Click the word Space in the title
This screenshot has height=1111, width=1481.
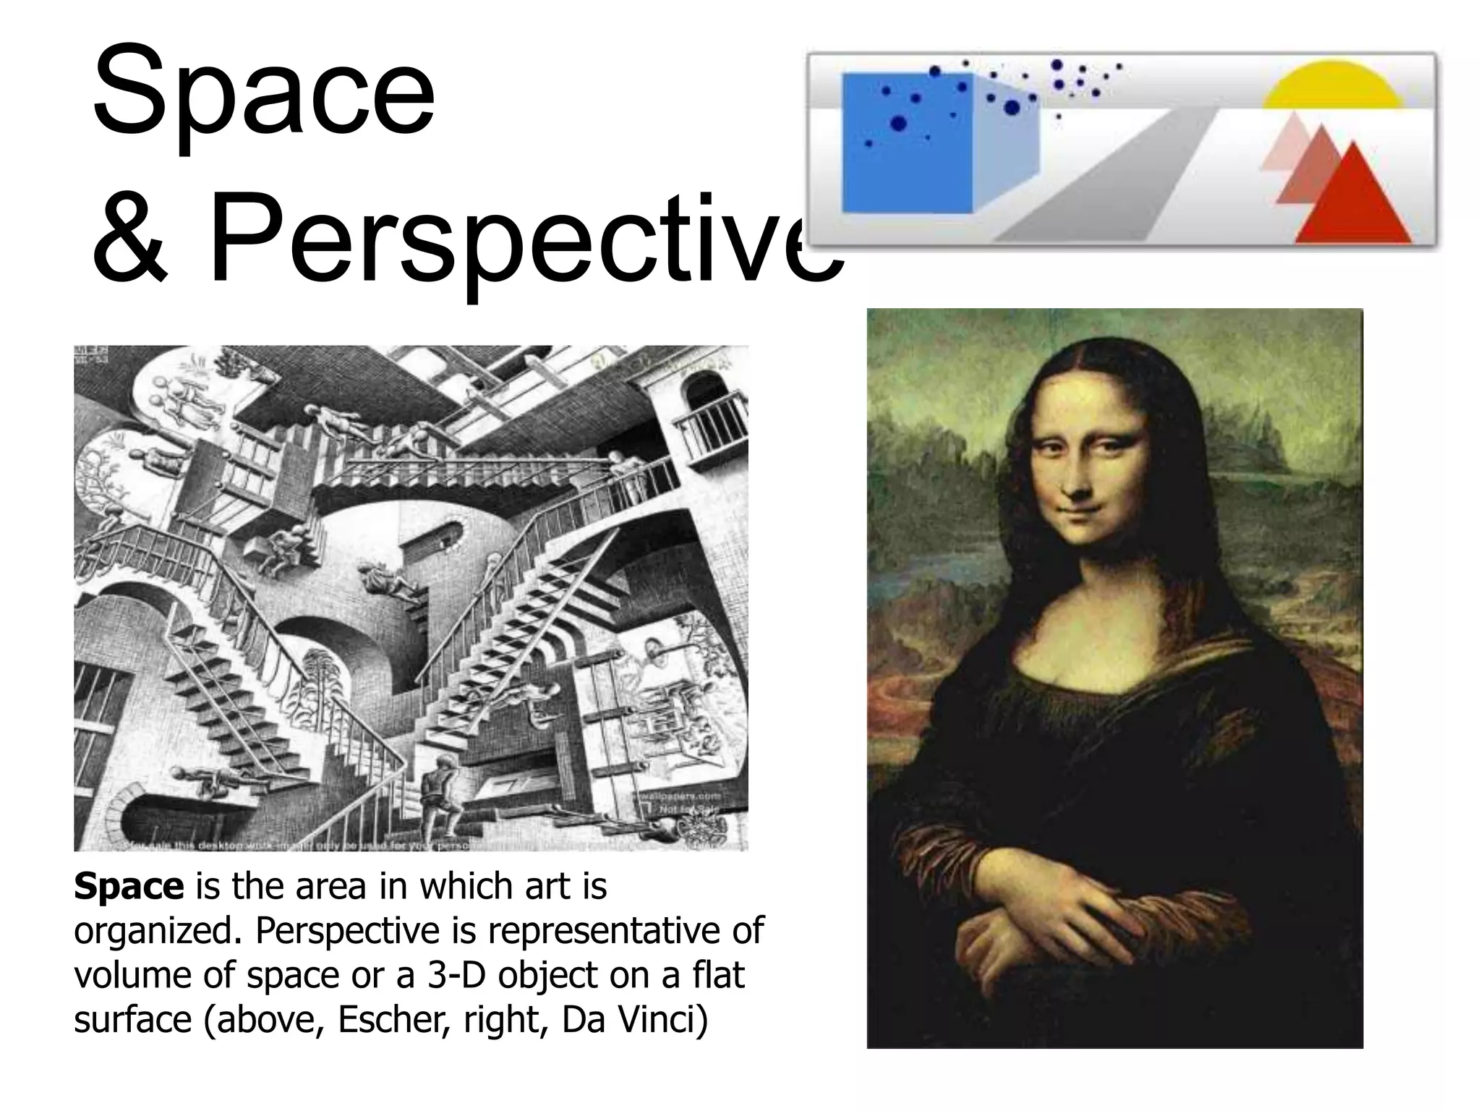coord(264,94)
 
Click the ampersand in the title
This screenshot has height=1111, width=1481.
coord(131,239)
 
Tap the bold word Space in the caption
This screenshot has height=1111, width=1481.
coord(129,887)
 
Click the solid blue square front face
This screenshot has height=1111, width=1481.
coord(908,143)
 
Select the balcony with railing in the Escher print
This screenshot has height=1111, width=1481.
coord(712,430)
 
